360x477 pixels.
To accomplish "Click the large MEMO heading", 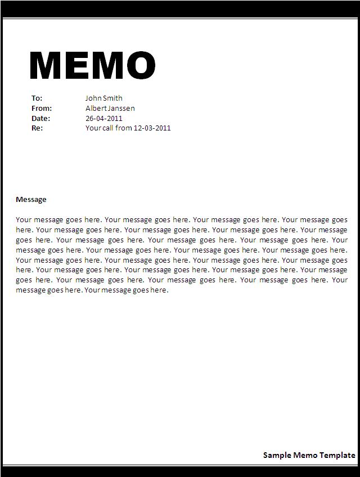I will point(92,66).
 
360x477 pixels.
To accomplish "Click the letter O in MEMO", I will point(139,66).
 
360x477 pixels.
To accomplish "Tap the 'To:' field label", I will point(37,98).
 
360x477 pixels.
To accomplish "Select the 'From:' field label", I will point(41,109).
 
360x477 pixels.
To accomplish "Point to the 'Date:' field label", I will point(40,119).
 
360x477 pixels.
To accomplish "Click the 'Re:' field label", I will point(37,128).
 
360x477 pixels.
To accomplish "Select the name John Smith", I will point(103,98).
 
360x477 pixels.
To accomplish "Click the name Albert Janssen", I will point(110,109).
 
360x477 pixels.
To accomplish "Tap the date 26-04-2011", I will point(103,119).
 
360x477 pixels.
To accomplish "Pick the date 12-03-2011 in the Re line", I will point(152,128).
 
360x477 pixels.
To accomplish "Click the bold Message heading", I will point(31,200).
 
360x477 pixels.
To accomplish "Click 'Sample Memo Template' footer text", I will point(309,455).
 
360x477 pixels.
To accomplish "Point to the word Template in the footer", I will point(337,455).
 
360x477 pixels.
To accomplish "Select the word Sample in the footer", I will point(277,455).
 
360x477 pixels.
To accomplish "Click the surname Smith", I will point(112,98).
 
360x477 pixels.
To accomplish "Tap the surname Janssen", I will point(121,109).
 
